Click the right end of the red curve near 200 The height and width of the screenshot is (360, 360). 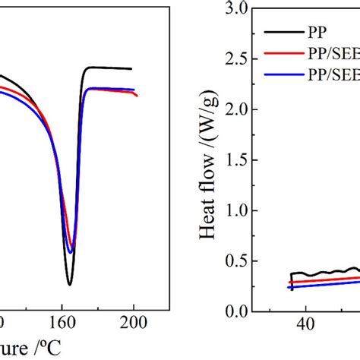138,96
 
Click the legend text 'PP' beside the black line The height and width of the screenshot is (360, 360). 318,33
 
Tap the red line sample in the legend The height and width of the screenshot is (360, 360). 283,54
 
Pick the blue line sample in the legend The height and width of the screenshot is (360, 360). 283,75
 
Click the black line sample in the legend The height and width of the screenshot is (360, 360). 283,33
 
